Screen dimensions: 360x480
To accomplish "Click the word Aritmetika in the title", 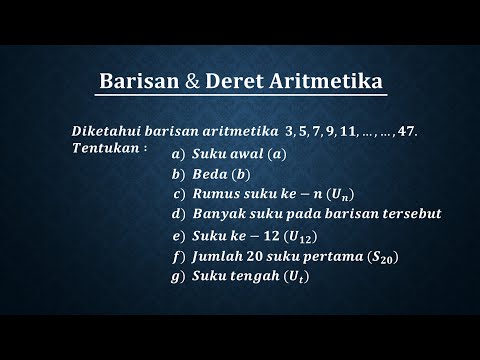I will point(324,82).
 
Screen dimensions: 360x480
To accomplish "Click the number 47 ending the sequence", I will point(401,132).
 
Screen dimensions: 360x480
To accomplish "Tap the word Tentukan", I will point(107,148).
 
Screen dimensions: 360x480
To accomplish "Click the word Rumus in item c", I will point(217,194).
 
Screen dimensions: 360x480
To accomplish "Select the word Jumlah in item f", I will point(221,257).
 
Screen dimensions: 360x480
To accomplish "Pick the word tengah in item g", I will point(252,276).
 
